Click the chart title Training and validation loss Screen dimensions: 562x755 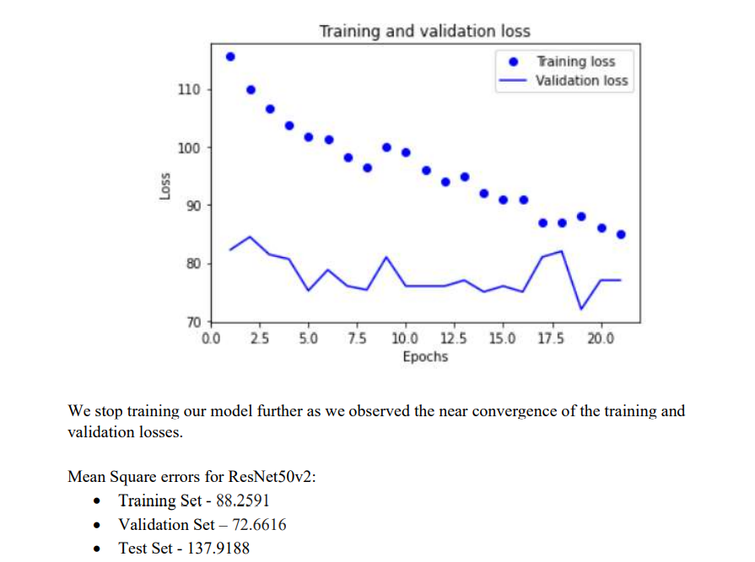tap(424, 31)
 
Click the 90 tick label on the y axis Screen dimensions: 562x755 tap(191, 206)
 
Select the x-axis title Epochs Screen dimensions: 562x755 tap(425, 356)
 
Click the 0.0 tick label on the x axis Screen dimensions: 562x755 tap(211, 339)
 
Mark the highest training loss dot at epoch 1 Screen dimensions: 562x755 tap(230, 56)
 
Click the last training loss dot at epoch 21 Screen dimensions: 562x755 tap(621, 234)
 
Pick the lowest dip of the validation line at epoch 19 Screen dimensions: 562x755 tap(581, 308)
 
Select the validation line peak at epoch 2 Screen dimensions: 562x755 tap(250, 237)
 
